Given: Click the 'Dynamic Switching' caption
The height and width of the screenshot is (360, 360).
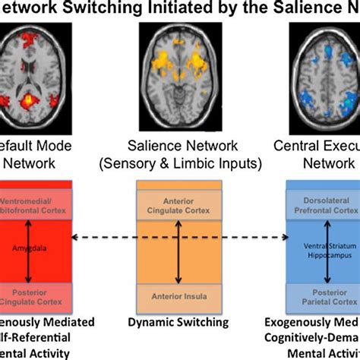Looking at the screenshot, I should point(181,322).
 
